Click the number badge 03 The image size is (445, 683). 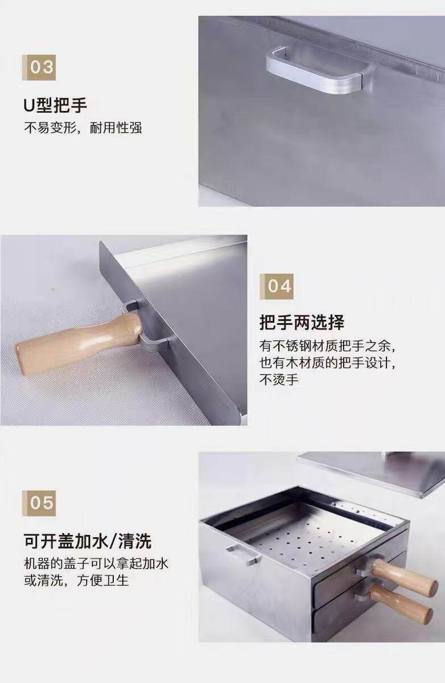pyautogui.click(x=39, y=67)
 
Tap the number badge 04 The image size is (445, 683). pyautogui.click(x=277, y=287)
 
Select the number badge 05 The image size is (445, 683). pyautogui.click(x=39, y=503)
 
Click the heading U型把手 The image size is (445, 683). pyautogui.click(x=55, y=105)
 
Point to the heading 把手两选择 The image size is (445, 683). pyautogui.click(x=302, y=323)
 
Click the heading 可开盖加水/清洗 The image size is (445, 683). pyautogui.click(x=88, y=541)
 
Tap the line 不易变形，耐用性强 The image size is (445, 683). pyautogui.click(x=83, y=127)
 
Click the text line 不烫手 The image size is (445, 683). pyautogui.click(x=279, y=380)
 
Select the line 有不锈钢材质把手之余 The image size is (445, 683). pyautogui.click(x=328, y=346)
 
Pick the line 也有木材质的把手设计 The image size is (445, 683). pyautogui.click(x=328, y=363)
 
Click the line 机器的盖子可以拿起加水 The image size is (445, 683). pyautogui.click(x=96, y=563)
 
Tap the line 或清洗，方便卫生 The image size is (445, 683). pyautogui.click(x=76, y=581)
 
